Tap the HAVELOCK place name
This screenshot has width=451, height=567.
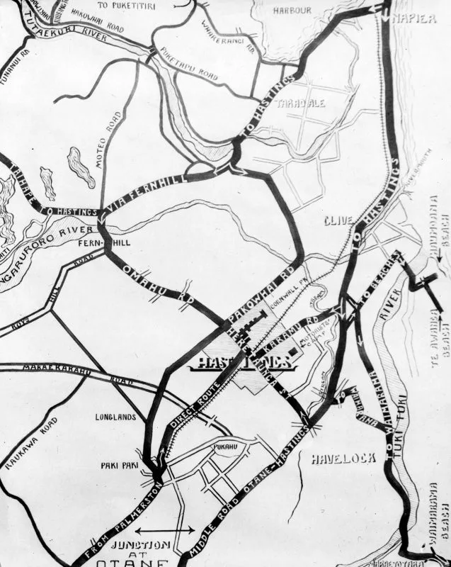point(343,459)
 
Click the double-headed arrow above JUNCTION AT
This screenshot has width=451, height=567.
point(164,529)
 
